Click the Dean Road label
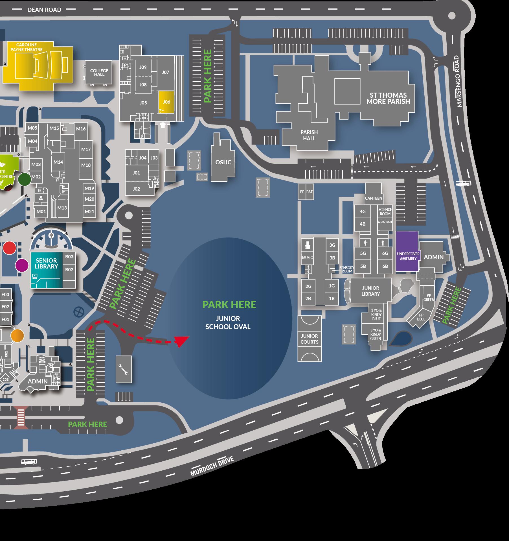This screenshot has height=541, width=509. (x=44, y=10)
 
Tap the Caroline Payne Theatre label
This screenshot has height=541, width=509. (x=27, y=47)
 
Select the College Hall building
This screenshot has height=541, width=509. (x=99, y=73)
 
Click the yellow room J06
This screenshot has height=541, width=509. (x=166, y=102)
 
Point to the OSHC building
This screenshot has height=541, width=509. (x=223, y=162)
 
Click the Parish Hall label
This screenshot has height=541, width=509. (x=309, y=135)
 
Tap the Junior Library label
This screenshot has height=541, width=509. (x=370, y=291)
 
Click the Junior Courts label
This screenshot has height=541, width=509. (x=309, y=339)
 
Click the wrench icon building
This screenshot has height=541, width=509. (x=124, y=369)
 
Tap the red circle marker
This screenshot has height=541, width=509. (x=10, y=248)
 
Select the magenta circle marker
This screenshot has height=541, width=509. (x=22, y=265)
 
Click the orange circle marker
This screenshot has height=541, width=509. (x=17, y=335)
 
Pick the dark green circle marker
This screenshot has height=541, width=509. (x=25, y=179)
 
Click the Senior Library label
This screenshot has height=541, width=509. (x=46, y=263)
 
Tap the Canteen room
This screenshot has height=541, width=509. (x=373, y=198)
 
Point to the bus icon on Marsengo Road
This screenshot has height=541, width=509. (x=463, y=184)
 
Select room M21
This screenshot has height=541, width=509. (x=89, y=211)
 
